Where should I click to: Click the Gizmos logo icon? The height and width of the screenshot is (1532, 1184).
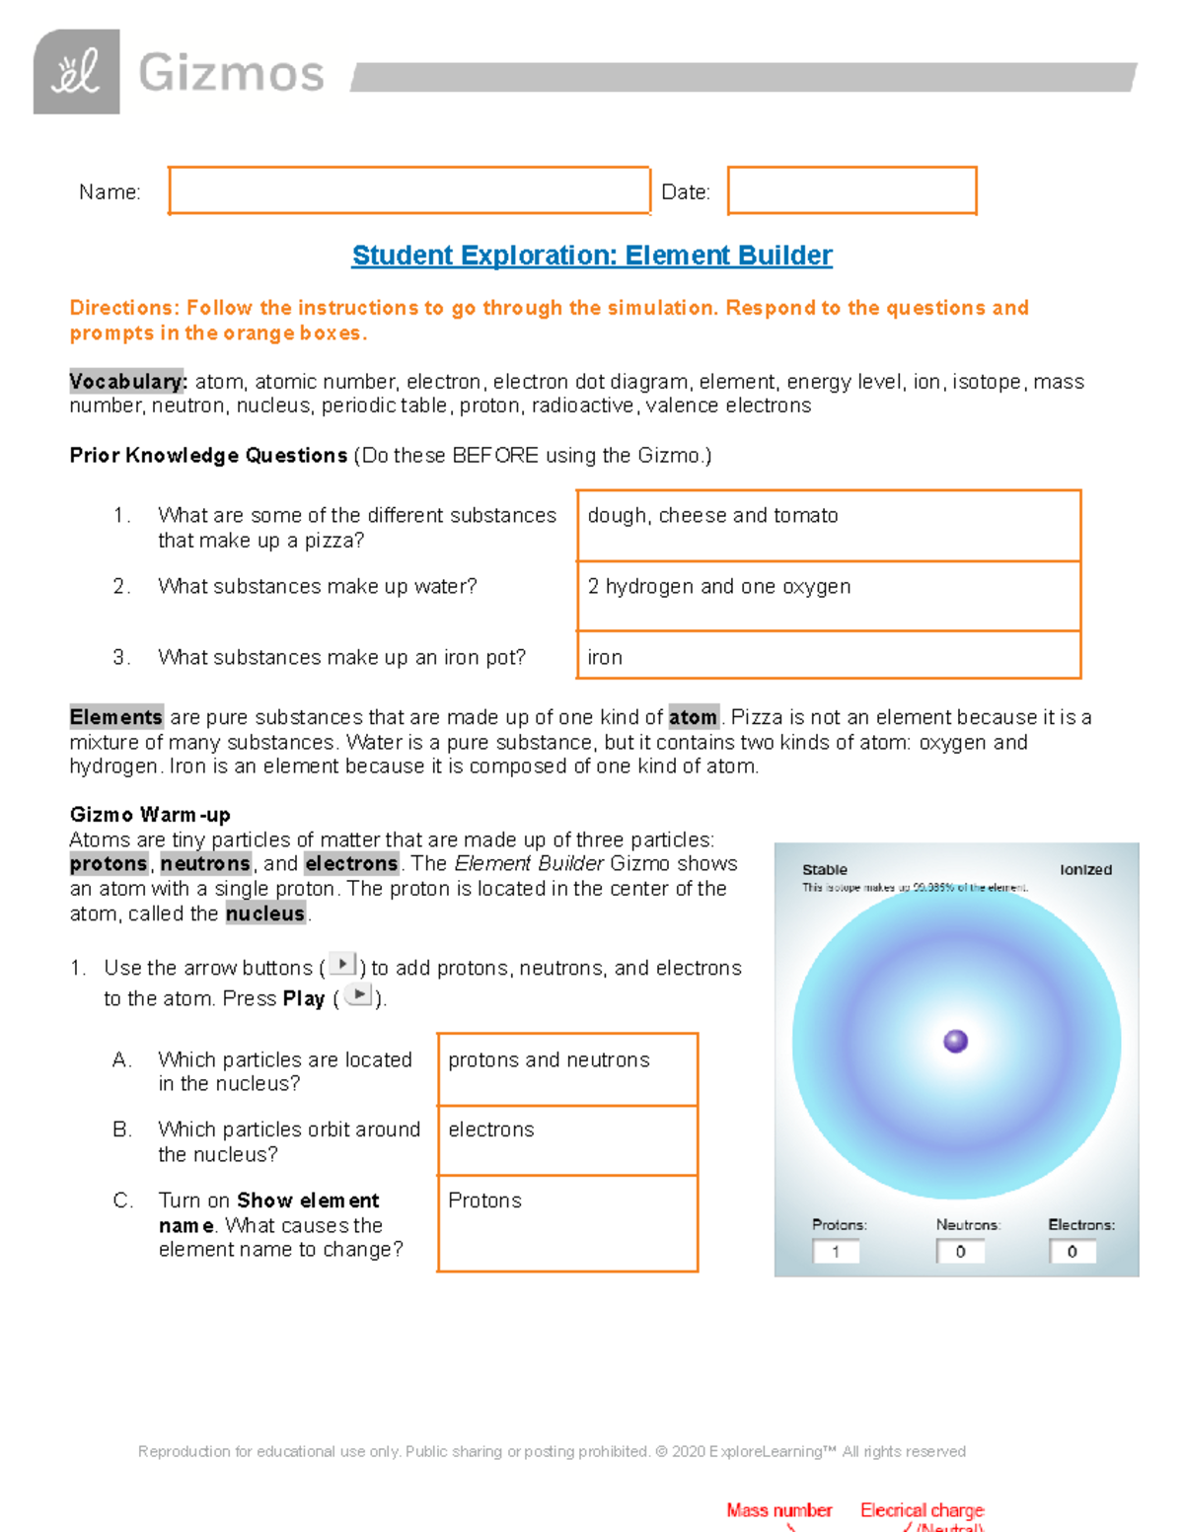(76, 72)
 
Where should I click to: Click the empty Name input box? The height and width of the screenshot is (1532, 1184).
(408, 190)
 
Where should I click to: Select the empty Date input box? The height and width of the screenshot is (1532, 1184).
(851, 190)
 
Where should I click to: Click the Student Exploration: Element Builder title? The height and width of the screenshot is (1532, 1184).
(592, 255)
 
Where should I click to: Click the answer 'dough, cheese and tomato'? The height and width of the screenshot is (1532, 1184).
(712, 516)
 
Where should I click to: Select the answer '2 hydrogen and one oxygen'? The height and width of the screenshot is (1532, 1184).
(718, 587)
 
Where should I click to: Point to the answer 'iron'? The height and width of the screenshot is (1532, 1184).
(605, 658)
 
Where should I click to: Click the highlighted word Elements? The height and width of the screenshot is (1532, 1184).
(115, 717)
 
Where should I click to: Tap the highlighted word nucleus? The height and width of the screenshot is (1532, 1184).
(264, 913)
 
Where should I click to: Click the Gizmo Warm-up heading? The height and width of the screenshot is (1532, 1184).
(150, 815)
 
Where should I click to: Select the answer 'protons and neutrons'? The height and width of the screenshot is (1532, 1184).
(549, 1060)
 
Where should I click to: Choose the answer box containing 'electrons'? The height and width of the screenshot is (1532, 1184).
(566, 1139)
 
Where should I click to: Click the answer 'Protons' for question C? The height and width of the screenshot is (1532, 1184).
(484, 1201)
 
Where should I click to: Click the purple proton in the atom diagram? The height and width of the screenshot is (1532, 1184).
(955, 1042)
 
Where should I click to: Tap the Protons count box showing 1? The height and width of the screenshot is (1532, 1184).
(836, 1252)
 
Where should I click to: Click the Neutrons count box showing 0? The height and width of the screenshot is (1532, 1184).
(960, 1252)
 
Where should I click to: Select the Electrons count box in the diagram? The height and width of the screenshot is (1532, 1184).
(1073, 1252)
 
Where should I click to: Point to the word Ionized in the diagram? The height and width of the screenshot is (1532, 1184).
(1085, 870)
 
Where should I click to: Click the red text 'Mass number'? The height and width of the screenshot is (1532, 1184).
(778, 1510)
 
